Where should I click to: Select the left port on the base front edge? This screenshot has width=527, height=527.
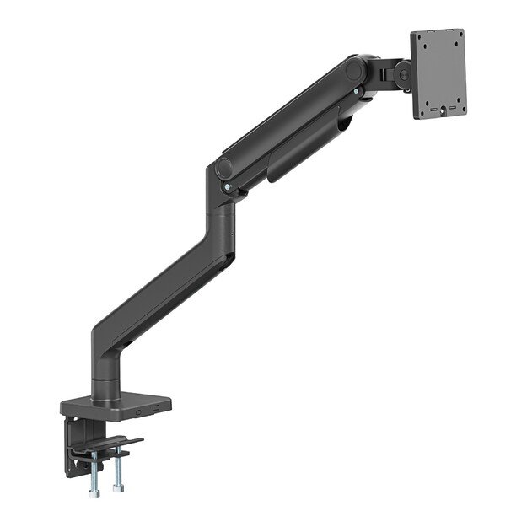pyautogui.click(x=137, y=412)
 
